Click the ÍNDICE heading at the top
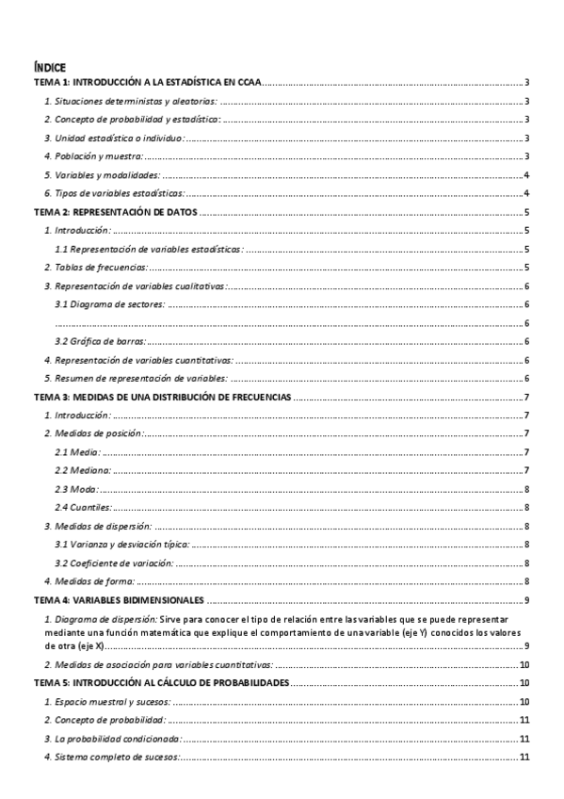coord(49,67)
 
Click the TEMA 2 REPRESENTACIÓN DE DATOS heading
coord(115,212)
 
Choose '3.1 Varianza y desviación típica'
coord(122,544)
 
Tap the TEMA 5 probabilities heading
coord(161,681)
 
